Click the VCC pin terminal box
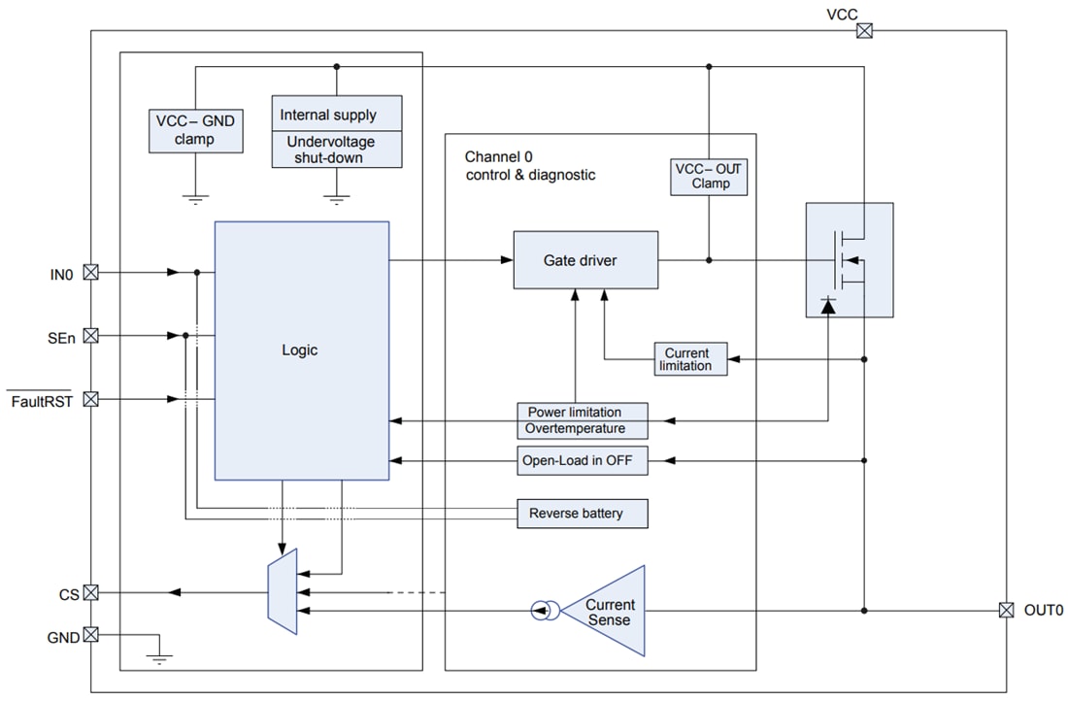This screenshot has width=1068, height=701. [863, 31]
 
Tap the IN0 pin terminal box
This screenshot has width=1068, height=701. [91, 273]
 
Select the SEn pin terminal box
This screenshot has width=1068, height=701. [91, 336]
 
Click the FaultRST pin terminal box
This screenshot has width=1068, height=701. [91, 399]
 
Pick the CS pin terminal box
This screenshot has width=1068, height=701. [91, 592]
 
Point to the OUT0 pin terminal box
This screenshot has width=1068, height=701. [1007, 611]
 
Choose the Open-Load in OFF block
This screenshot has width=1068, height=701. [582, 461]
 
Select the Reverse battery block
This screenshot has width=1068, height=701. [582, 513]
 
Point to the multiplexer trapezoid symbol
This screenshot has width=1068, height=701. [282, 592]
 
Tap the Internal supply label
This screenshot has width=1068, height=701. [336, 114]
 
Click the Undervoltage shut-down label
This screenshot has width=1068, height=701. [336, 150]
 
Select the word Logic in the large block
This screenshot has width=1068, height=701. [301, 350]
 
